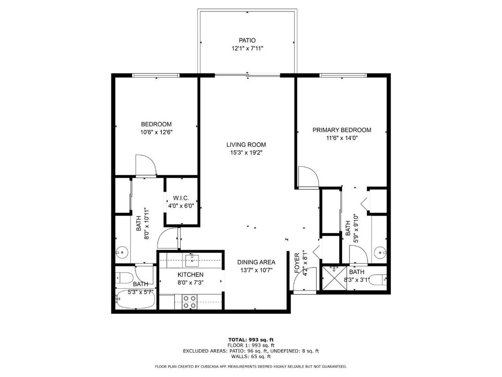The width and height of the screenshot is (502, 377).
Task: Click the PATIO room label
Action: coord(247,40)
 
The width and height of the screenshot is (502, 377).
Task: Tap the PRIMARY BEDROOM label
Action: coord(342,130)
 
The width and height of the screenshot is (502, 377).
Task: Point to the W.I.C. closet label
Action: coord(181,198)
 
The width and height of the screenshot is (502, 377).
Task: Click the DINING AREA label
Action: coord(256,262)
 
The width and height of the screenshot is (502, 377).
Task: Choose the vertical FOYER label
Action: coord(297,263)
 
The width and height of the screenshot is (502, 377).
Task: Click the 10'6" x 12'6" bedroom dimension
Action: coord(156,132)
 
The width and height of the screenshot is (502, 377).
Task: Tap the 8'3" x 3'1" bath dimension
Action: coord(356,280)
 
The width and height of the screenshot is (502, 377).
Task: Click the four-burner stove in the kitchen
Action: coord(190,301)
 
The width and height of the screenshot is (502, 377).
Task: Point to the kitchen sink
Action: coord(193,258)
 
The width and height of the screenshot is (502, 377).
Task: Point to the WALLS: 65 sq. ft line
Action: coord(251,357)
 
